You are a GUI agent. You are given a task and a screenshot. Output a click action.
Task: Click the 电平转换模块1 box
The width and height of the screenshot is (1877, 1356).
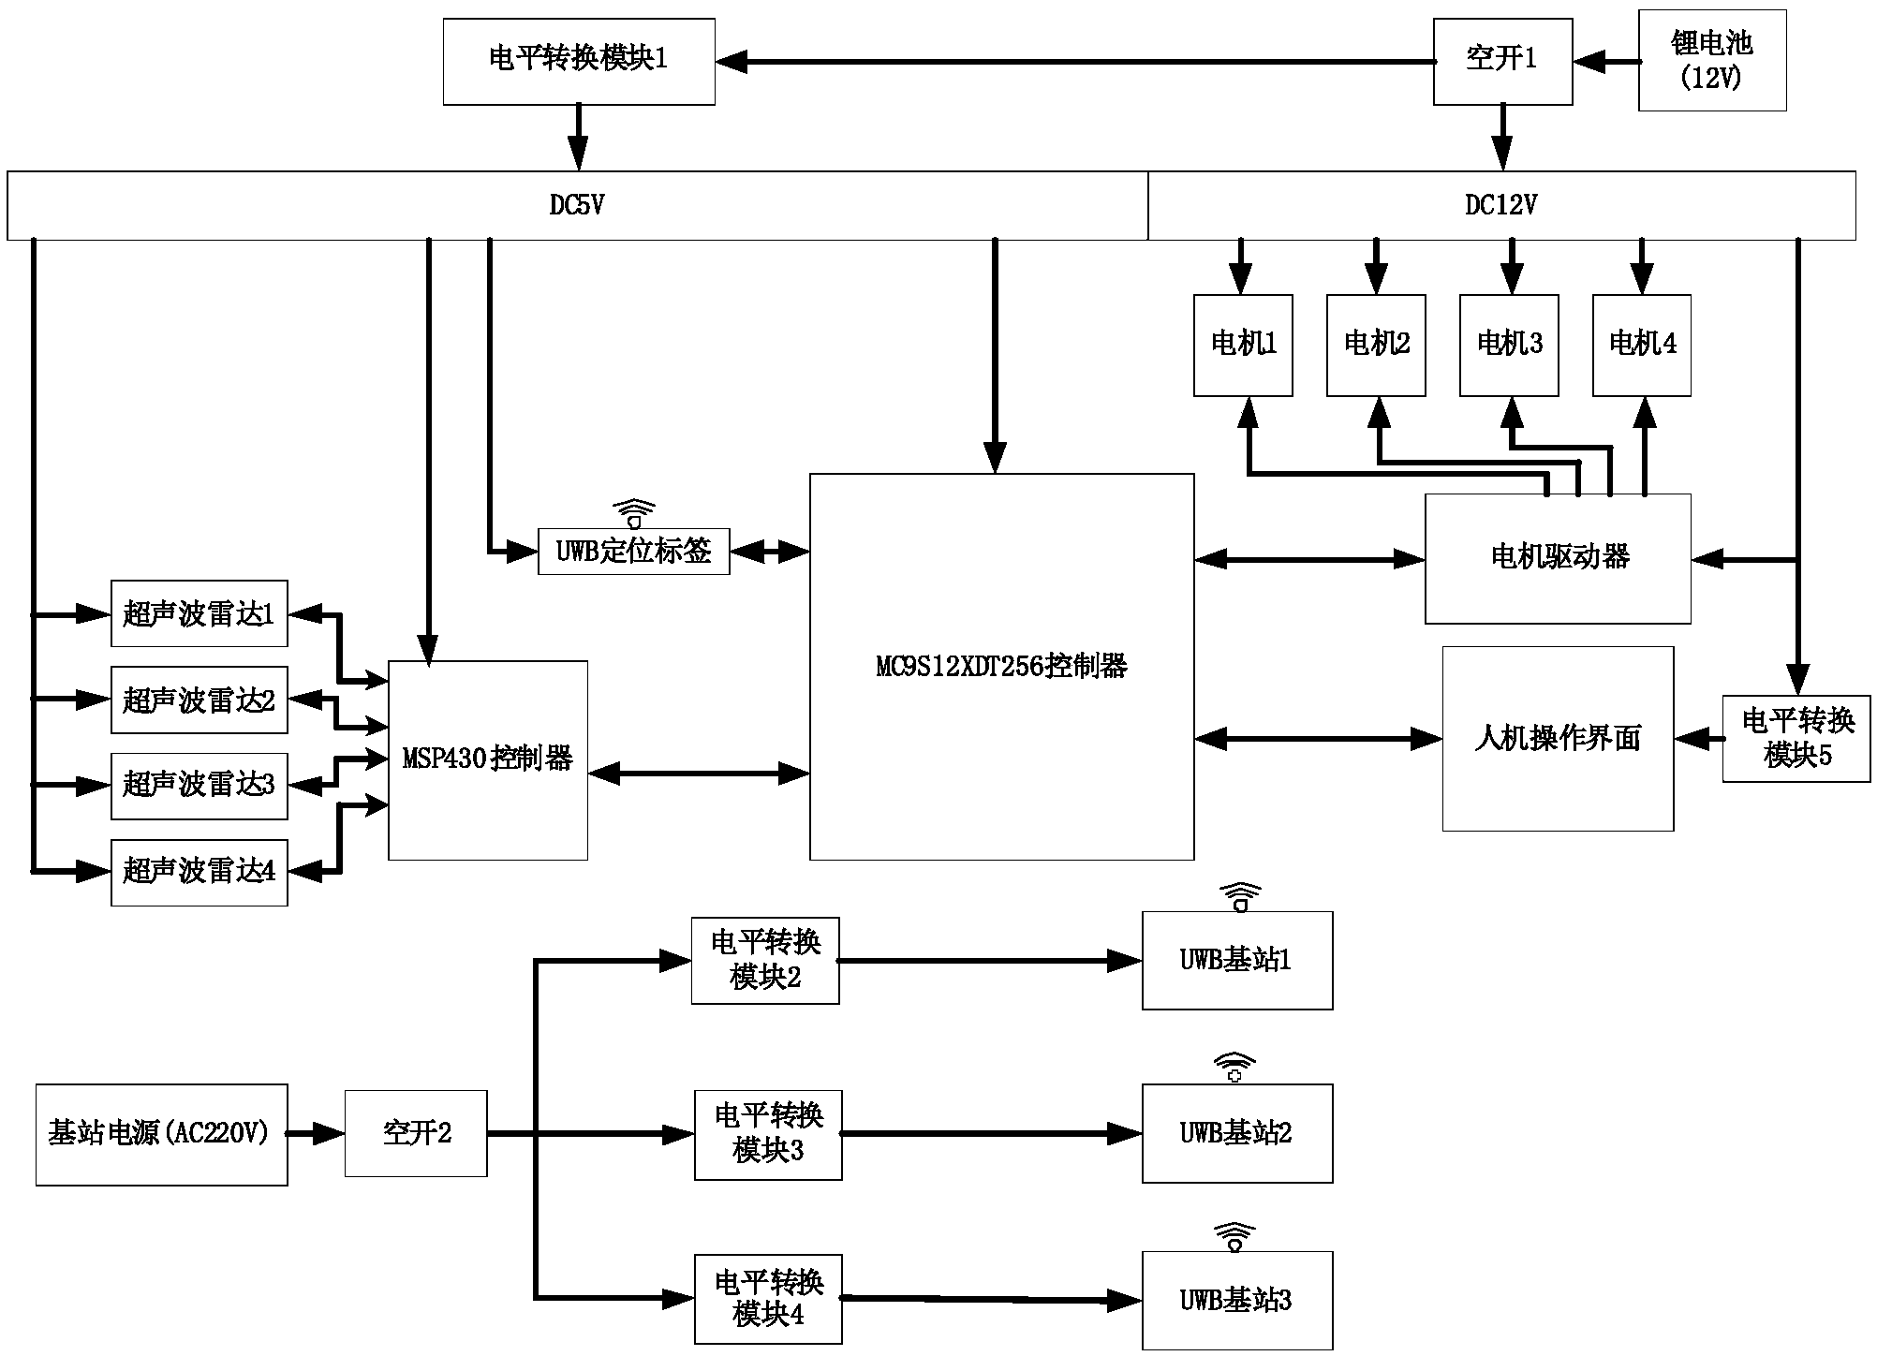(x=579, y=61)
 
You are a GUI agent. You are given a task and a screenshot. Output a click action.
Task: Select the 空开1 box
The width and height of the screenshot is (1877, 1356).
(x=1502, y=61)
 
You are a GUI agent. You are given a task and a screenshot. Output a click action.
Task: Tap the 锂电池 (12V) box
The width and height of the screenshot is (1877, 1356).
(x=1711, y=61)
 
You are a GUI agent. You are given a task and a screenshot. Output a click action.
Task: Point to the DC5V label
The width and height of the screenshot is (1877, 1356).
(x=577, y=205)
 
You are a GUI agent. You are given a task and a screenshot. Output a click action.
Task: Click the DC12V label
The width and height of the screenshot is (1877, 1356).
(x=1500, y=205)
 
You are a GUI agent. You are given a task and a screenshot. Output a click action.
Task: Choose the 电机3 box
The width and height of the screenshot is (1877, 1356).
(x=1509, y=345)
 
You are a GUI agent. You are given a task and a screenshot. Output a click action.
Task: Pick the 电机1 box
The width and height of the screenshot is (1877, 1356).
(x=1243, y=345)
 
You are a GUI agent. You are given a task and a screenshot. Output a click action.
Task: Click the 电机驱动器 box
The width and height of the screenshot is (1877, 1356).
(x=1558, y=558)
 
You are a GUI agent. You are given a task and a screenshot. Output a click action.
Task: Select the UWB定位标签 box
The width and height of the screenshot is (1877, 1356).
(x=634, y=552)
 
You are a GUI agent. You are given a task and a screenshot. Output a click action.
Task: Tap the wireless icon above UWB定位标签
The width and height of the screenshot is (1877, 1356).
(x=634, y=513)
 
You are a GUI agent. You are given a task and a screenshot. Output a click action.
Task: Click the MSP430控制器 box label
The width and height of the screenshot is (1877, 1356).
(x=488, y=759)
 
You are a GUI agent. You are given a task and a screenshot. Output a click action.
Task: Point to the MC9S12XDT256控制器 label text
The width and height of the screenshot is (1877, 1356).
(x=1001, y=667)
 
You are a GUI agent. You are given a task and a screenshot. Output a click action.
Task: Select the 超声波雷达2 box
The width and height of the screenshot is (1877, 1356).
(x=199, y=700)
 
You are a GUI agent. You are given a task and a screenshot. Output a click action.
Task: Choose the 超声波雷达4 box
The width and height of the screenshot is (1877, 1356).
(x=199, y=872)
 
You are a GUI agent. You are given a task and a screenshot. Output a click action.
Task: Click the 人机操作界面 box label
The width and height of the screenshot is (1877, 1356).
(x=1558, y=739)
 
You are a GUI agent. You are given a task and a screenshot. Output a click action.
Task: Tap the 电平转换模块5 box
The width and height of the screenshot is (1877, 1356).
(x=1796, y=739)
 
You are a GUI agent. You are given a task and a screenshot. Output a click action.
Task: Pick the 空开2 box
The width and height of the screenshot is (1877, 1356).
(x=416, y=1133)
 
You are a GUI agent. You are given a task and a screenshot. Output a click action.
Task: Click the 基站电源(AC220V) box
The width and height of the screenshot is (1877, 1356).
(x=161, y=1134)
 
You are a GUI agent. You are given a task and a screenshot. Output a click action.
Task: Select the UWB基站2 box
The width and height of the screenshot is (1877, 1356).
(x=1236, y=1133)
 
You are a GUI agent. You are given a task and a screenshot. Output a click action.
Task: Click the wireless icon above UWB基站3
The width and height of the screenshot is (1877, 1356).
(x=1234, y=1237)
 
